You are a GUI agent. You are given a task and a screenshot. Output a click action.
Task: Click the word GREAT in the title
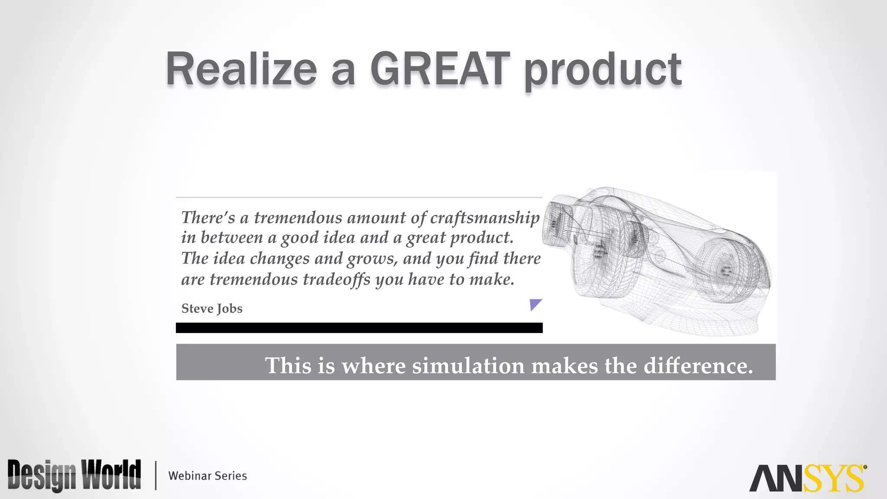tap(440, 69)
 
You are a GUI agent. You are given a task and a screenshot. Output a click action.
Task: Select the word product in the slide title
tap(603, 70)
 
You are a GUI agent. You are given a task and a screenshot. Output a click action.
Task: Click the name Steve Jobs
tap(212, 308)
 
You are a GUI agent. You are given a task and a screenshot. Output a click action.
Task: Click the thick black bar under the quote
tap(359, 328)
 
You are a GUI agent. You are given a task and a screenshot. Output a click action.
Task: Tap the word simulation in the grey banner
tap(468, 366)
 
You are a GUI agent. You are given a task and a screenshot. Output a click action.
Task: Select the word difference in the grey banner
tap(698, 366)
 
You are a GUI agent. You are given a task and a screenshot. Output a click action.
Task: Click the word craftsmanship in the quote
tap(485, 218)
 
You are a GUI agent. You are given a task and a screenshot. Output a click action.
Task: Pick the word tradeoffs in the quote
tap(337, 279)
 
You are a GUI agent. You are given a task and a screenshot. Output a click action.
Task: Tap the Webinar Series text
tap(207, 476)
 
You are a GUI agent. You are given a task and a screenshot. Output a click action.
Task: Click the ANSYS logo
tap(806, 478)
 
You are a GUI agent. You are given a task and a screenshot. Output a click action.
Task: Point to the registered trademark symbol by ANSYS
tap(865, 467)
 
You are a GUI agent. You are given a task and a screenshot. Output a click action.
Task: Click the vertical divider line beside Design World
tap(155, 476)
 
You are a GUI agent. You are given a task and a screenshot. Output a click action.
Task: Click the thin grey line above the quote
tap(359, 198)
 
